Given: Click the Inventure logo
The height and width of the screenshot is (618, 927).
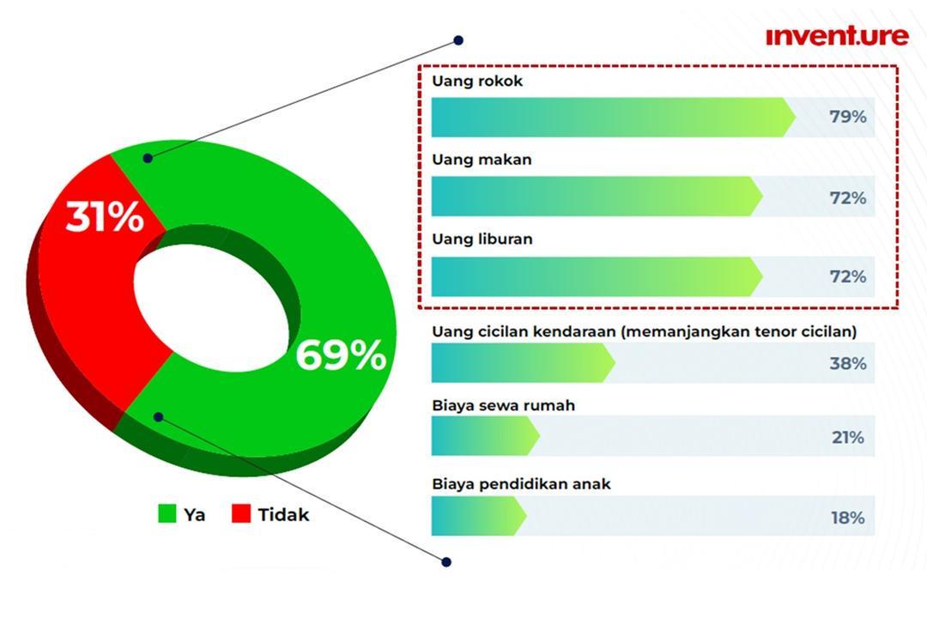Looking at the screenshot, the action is [x=837, y=36].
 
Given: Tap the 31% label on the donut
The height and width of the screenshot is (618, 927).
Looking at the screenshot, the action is [x=105, y=216].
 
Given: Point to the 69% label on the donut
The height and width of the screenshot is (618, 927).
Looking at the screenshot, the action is [x=341, y=354].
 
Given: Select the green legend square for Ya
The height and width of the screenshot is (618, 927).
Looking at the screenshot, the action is [x=167, y=513].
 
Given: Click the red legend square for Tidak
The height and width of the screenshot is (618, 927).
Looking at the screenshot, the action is [x=241, y=513].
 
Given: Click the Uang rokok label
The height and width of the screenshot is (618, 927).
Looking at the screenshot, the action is [x=477, y=81].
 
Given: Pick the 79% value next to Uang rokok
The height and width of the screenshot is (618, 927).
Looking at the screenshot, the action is [x=848, y=117].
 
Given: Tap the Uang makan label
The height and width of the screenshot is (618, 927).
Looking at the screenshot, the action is [x=482, y=160].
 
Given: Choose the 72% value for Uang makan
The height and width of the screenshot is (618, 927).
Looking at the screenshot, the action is [x=848, y=197].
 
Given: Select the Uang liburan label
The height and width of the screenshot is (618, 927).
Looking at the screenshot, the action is [x=482, y=239].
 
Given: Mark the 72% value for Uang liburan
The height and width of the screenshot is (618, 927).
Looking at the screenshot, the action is [x=848, y=276].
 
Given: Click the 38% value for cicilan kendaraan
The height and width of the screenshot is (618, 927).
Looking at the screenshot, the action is [x=848, y=363].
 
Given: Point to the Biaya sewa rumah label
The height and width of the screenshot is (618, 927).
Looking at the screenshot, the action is [x=504, y=406].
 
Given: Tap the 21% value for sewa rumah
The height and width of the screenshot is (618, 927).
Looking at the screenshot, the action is [x=848, y=438].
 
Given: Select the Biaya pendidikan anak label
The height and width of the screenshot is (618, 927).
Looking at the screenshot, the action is [x=522, y=484].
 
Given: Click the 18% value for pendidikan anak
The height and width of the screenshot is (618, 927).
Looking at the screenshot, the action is [x=848, y=518].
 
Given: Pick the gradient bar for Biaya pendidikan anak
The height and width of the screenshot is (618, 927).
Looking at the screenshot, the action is [x=479, y=516].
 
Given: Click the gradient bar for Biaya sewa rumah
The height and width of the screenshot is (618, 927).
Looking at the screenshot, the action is [x=485, y=435].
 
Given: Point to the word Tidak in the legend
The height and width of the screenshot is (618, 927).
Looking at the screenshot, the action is [x=283, y=514].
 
